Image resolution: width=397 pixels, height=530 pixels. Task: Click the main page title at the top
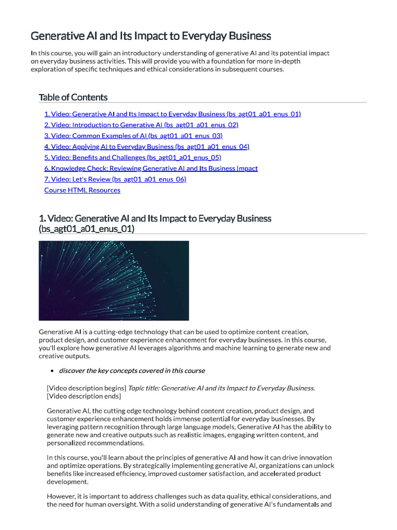click(x=151, y=36)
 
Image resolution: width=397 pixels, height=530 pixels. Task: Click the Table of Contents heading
click(x=73, y=97)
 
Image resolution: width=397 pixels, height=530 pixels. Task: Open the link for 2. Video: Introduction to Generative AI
click(x=141, y=125)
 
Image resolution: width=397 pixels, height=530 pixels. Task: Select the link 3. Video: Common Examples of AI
click(x=133, y=136)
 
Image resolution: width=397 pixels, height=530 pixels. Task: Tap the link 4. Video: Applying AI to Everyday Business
click(x=147, y=146)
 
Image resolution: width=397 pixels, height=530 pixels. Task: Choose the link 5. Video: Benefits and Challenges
click(x=133, y=157)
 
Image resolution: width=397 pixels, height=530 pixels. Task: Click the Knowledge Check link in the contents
click(x=151, y=168)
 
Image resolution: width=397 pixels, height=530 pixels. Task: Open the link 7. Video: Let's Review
click(x=115, y=179)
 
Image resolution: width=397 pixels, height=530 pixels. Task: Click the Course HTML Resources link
click(x=82, y=190)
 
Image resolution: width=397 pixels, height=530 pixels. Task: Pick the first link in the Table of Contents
click(x=173, y=114)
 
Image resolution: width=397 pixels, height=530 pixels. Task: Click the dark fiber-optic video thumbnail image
click(x=114, y=280)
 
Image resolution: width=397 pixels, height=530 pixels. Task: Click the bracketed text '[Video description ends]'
click(x=84, y=396)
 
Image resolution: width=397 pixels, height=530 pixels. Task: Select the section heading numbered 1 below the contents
click(x=155, y=218)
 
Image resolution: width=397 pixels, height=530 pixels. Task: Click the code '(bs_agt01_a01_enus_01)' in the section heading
click(x=86, y=228)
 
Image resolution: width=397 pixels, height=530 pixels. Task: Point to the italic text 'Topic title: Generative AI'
click(x=171, y=388)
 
